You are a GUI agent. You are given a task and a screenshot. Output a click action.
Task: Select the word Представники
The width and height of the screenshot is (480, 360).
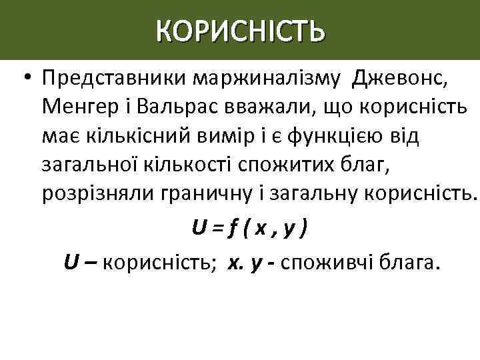coord(113,80)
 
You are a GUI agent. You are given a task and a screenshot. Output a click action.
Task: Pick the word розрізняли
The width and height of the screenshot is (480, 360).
coord(97,193)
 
